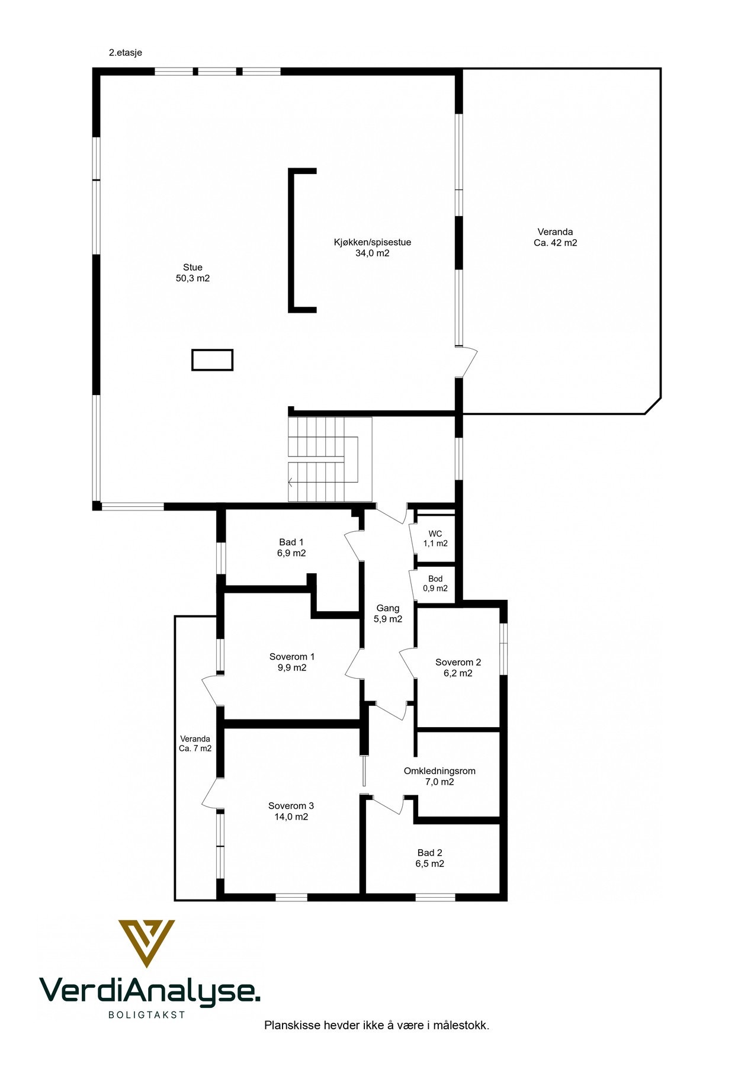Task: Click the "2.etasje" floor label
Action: click(x=125, y=53)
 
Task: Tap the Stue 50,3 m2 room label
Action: click(x=192, y=272)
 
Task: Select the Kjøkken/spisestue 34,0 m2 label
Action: click(x=372, y=248)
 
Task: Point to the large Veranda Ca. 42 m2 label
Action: click(x=555, y=237)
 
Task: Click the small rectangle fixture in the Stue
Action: click(x=212, y=359)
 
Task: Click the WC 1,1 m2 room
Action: click(x=435, y=538)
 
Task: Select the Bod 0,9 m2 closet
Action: click(x=435, y=584)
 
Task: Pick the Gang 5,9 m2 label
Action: click(x=387, y=614)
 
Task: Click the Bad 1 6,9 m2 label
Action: click(x=291, y=548)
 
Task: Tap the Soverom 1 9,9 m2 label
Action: click(x=291, y=662)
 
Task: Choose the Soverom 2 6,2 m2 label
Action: click(x=458, y=667)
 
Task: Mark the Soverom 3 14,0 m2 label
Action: click(x=291, y=811)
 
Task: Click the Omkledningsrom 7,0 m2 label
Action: click(x=439, y=776)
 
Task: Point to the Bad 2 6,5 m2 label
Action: click(x=429, y=858)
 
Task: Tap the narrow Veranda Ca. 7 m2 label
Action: click(x=195, y=743)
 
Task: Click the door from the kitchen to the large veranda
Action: click(x=468, y=362)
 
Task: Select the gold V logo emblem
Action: click(x=146, y=942)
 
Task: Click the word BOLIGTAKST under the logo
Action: click(x=147, y=1014)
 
